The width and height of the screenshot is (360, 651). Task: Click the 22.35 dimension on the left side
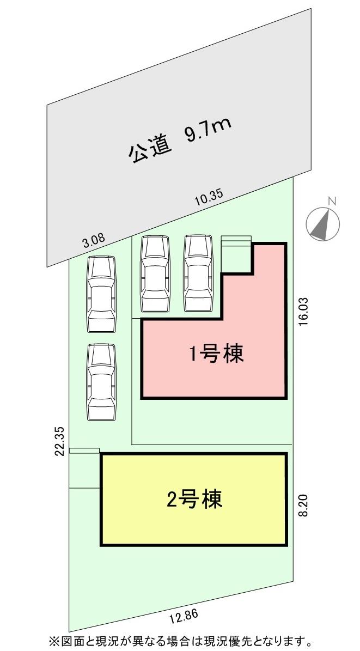tap(60, 440)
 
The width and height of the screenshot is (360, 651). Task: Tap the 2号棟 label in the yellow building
tap(194, 499)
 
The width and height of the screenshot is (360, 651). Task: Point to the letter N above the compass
tap(332, 202)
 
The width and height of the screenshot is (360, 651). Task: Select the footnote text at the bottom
tap(180, 640)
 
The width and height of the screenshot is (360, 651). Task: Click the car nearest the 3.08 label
tap(102, 294)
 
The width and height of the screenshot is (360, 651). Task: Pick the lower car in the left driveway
tap(102, 382)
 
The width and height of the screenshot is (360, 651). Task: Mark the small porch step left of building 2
tap(84, 450)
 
